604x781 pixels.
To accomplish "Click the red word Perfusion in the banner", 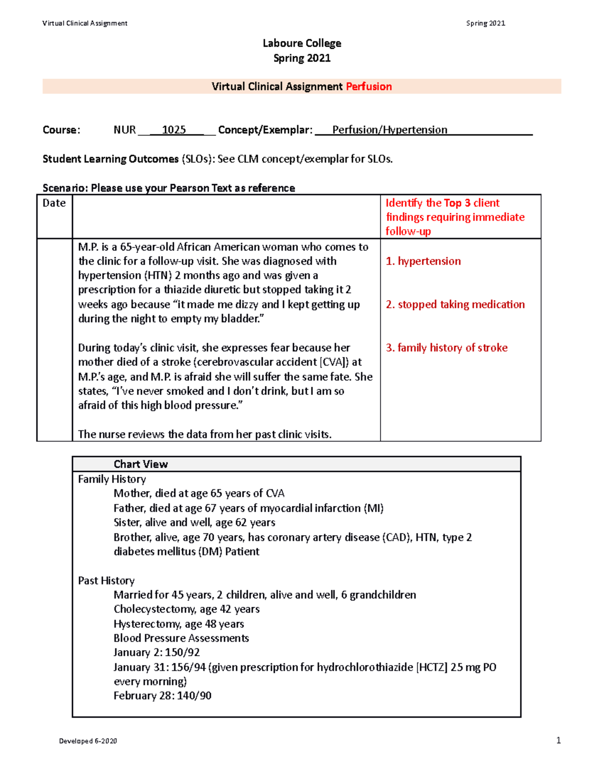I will pos(368,86).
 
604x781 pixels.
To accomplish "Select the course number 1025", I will pos(174,130).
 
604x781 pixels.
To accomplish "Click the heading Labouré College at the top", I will pos(301,43).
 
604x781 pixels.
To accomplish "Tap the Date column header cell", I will pos(54,203).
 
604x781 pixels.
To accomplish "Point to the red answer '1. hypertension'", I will pos(423,261).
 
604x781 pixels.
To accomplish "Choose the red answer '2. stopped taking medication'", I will pos(455,304).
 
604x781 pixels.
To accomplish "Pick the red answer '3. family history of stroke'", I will pos(446,348).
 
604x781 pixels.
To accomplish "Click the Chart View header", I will pos(140,464).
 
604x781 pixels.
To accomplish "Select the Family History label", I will pos(112,479).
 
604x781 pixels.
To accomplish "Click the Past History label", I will pos(106,580).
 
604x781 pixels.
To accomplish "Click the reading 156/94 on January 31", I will pos(188,667).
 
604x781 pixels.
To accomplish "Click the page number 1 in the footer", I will pos(558,740).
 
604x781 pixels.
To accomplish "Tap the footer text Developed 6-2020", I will pos(88,741).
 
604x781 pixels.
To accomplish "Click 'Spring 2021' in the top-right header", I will pos(485,23).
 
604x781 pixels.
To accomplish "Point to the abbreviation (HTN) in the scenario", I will pos(158,276).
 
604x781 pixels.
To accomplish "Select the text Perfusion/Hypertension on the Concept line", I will pos(390,130).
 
